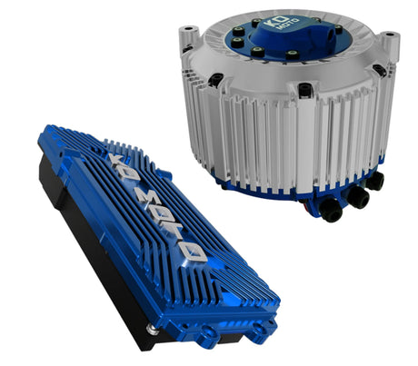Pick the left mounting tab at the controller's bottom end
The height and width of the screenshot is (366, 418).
pos(208,338)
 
